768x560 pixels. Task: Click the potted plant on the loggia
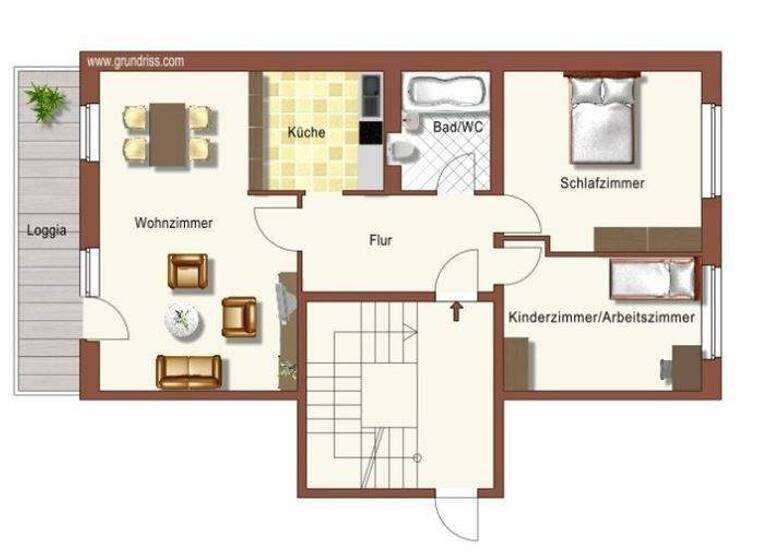[x=45, y=100]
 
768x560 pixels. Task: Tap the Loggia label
[x=47, y=230]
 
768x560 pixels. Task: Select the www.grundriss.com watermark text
[x=136, y=61]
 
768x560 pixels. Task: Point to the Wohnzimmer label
[x=173, y=223]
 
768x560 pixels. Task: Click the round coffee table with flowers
[x=182, y=320]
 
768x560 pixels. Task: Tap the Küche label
[x=305, y=131]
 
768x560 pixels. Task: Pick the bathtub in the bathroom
[x=445, y=93]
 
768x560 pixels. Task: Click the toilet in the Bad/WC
[x=401, y=150]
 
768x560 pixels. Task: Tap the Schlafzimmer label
[x=602, y=183]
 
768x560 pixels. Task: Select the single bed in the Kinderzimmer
[x=652, y=278]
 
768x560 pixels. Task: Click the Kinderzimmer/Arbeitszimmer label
[x=601, y=317]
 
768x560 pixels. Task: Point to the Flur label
[x=380, y=241]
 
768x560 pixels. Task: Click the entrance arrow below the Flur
[x=457, y=310]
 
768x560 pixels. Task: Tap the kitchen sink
[x=370, y=95]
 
